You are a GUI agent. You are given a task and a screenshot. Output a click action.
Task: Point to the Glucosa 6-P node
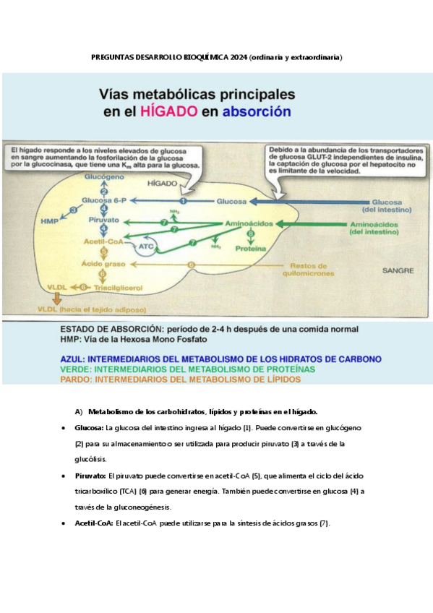[x=104, y=200]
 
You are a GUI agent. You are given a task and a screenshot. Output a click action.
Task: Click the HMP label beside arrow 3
[x=50, y=220]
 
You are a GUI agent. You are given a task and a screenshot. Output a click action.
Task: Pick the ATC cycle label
[x=146, y=246]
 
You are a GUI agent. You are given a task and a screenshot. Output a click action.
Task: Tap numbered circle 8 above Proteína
[x=250, y=234]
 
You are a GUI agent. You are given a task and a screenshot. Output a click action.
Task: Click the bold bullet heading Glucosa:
[x=89, y=428]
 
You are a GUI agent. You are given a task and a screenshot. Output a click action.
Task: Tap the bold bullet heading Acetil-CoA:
[x=94, y=523]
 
